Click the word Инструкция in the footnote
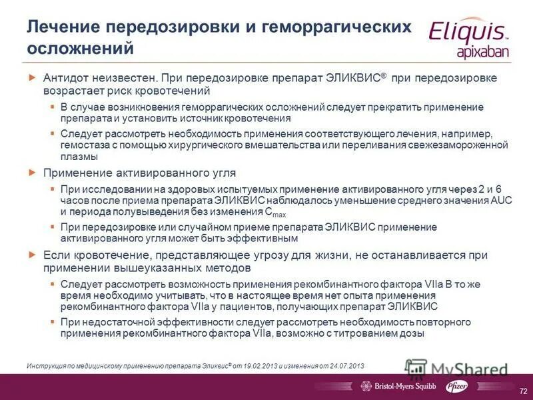tap(47, 366)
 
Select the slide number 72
tap(522, 388)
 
